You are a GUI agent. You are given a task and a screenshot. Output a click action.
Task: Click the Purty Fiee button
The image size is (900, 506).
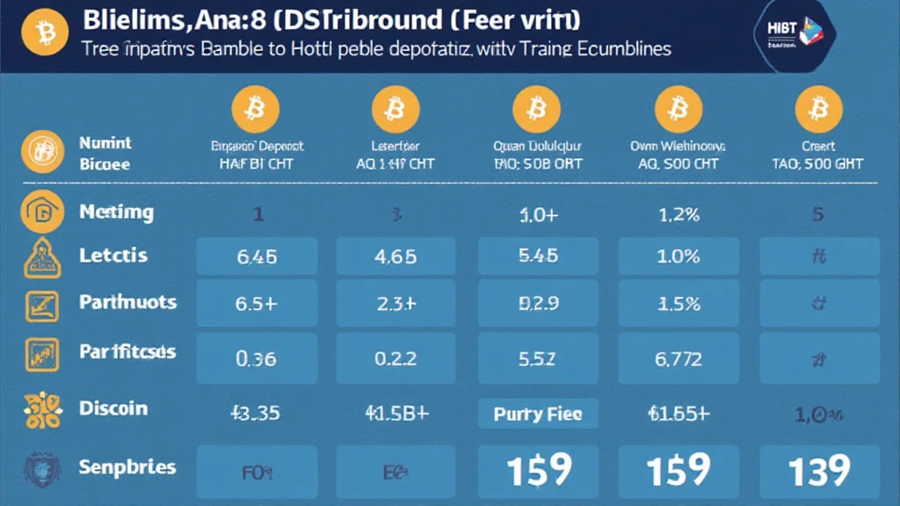coord(537,413)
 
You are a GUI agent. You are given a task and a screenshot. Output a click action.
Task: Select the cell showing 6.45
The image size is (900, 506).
coord(257,257)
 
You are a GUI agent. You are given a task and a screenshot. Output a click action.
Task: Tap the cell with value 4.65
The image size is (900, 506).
coord(396,257)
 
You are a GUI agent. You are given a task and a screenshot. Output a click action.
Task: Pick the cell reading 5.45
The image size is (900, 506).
coord(537,257)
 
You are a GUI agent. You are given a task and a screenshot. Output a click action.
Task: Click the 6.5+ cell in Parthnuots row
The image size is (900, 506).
coord(257,305)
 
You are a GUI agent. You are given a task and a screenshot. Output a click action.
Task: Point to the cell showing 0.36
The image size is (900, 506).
coord(257,358)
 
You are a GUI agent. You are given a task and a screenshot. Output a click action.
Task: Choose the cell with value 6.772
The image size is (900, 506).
coord(678,358)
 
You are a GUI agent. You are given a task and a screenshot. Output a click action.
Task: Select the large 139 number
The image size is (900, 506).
coord(818,470)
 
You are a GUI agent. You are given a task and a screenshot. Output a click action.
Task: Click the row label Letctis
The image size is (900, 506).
coord(112,256)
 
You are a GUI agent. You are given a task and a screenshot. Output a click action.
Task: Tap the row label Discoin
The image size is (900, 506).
coord(112,408)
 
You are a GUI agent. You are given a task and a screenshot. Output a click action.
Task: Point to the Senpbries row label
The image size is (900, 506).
coord(127,466)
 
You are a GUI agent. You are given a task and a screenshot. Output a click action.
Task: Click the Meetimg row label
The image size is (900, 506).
coord(116,212)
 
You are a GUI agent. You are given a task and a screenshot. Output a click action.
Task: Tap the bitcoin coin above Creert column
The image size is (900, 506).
coord(818,109)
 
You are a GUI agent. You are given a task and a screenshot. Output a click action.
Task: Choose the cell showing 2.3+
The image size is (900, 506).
coord(396,305)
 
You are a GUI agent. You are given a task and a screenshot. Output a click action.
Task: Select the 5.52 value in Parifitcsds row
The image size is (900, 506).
coord(537,358)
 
